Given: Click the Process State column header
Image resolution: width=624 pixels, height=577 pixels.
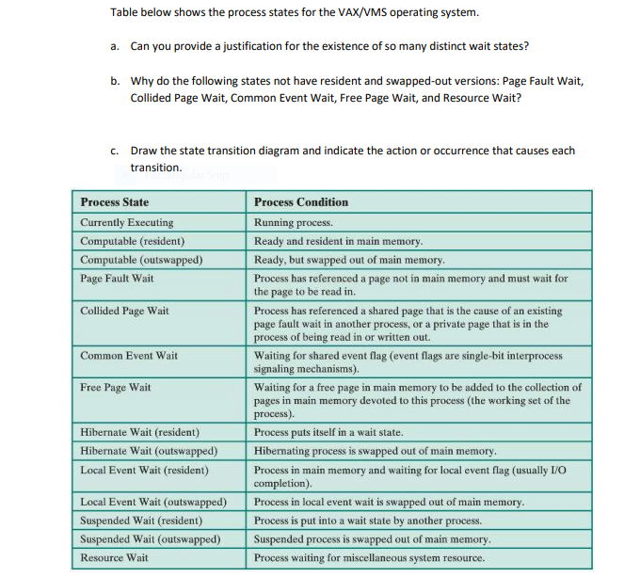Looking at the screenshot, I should [115, 202].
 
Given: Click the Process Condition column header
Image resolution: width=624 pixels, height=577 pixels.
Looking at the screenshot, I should [301, 202].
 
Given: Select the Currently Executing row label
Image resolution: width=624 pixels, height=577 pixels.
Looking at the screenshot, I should [127, 223].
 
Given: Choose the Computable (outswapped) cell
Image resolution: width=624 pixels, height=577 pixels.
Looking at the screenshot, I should [141, 260].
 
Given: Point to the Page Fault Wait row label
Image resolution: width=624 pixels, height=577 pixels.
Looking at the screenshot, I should [118, 279].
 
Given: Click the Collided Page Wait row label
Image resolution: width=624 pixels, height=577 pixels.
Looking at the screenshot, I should [125, 311].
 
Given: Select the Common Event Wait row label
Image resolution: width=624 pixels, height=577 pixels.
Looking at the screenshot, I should [129, 356].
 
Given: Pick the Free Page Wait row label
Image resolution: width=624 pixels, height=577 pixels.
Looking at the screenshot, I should [116, 388].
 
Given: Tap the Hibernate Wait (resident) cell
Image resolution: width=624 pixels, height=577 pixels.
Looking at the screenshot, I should [140, 433].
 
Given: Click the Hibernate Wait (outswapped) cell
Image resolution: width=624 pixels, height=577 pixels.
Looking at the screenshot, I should [149, 452].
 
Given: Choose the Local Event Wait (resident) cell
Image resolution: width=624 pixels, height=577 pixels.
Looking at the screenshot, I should [144, 470].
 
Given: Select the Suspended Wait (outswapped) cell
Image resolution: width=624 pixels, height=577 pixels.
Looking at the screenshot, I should [151, 539].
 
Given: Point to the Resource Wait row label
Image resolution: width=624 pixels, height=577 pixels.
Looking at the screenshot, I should [115, 558].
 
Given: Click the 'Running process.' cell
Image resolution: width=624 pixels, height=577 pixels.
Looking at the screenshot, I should [294, 223].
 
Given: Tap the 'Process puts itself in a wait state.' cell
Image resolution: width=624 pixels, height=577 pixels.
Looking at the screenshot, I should [328, 433].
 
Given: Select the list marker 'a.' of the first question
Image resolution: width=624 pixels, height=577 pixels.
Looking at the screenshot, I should [115, 46].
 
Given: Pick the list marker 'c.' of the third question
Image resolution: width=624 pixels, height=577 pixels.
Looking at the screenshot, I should [115, 151].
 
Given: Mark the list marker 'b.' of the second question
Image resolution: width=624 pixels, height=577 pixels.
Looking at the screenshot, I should [115, 81].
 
